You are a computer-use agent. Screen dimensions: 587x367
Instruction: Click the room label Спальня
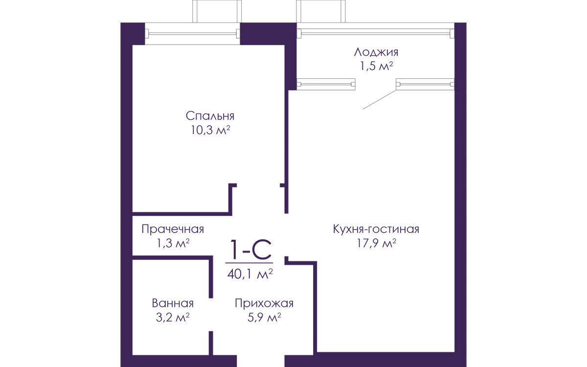pyautogui.click(x=210, y=116)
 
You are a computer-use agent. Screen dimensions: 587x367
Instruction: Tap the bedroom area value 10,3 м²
pyautogui.click(x=210, y=130)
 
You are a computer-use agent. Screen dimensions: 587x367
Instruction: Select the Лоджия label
pyautogui.click(x=376, y=52)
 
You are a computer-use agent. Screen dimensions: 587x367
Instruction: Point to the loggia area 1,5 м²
pyautogui.click(x=376, y=66)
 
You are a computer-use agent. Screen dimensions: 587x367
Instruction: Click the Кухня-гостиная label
pyautogui.click(x=376, y=229)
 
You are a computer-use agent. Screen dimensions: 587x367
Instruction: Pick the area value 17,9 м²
pyautogui.click(x=376, y=243)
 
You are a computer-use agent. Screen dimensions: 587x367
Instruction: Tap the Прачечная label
pyautogui.click(x=173, y=229)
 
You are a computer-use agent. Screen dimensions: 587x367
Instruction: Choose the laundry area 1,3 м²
pyautogui.click(x=173, y=243)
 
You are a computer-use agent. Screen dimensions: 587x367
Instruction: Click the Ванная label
pyautogui.click(x=173, y=303)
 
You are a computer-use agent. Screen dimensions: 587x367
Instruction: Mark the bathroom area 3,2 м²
pyautogui.click(x=173, y=318)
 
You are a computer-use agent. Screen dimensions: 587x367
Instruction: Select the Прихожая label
pyautogui.click(x=264, y=303)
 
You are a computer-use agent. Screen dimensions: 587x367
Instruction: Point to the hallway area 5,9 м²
pyautogui.click(x=264, y=318)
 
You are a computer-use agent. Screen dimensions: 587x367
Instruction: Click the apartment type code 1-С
pyautogui.click(x=250, y=249)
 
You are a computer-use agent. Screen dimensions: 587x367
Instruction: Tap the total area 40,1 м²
pyautogui.click(x=250, y=274)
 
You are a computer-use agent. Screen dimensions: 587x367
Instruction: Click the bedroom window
pyautogui.click(x=192, y=34)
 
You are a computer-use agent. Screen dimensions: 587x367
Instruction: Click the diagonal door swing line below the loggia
pyautogui.click(x=379, y=100)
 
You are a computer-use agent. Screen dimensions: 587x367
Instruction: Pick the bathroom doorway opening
pyautogui.click(x=211, y=315)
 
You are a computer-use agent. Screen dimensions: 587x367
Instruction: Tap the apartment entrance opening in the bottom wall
pyautogui.click(x=261, y=361)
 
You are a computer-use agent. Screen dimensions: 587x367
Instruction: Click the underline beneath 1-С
pyautogui.click(x=249, y=263)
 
